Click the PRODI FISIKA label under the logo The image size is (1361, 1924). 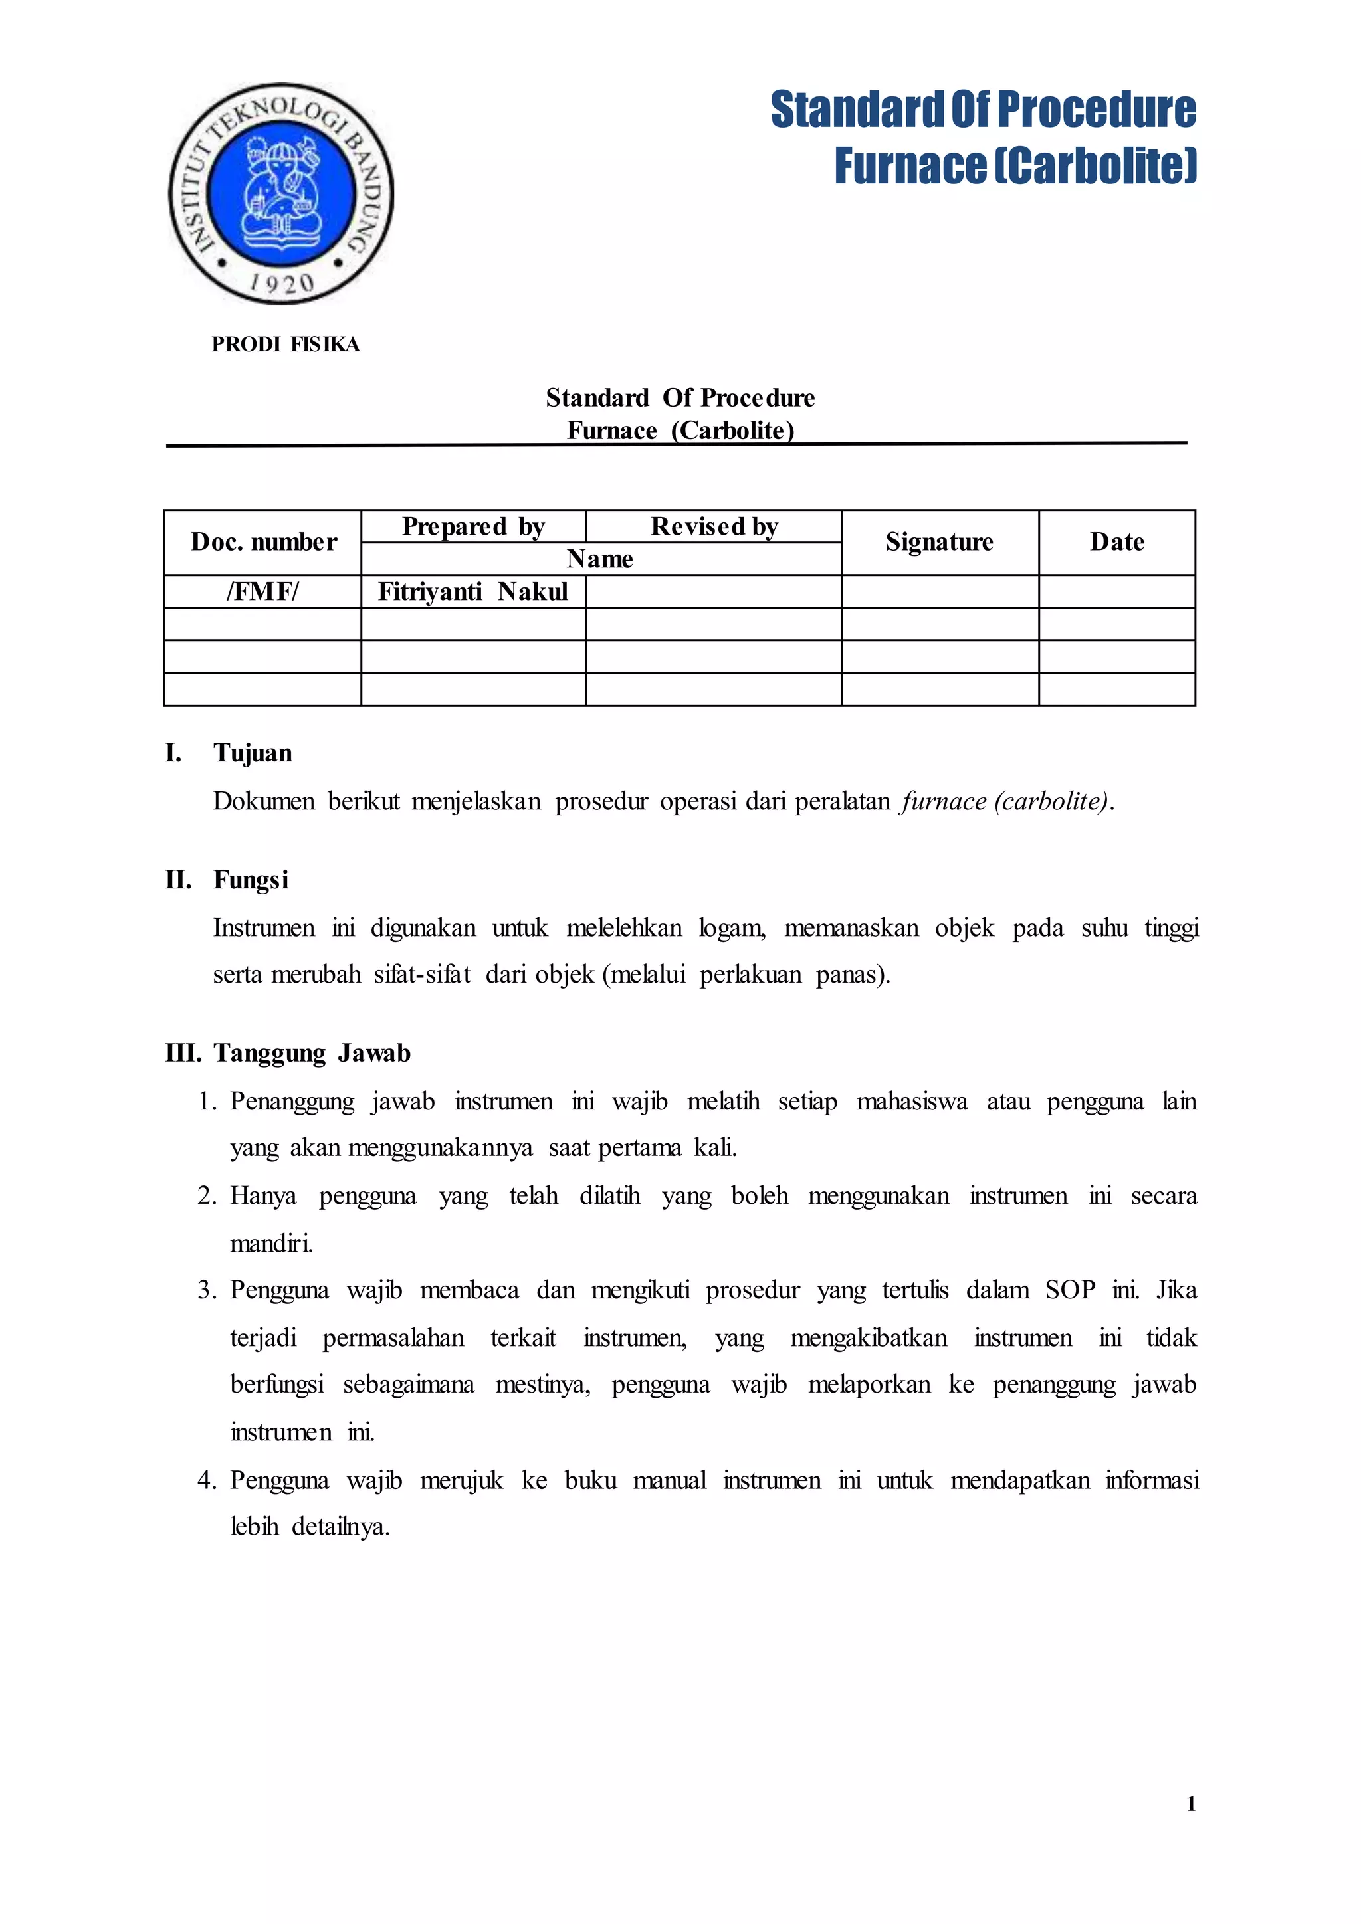coord(285,344)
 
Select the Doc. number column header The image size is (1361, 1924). coord(263,542)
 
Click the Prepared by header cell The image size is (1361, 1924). coord(474,526)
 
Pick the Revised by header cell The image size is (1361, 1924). coord(714,526)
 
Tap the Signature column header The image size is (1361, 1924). coord(940,542)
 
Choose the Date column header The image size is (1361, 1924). coord(1117,542)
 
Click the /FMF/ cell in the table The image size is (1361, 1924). coord(263,591)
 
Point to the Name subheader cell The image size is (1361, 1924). coord(600,559)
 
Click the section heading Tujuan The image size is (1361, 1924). coord(253,753)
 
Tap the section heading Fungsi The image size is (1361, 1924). coord(251,880)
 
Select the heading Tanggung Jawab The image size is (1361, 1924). coord(312,1052)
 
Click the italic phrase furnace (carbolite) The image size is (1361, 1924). coord(1005,801)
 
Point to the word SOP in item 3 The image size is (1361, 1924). coord(1069,1290)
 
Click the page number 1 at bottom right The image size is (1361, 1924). coord(1191,1804)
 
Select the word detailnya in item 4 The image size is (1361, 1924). coord(340,1527)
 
